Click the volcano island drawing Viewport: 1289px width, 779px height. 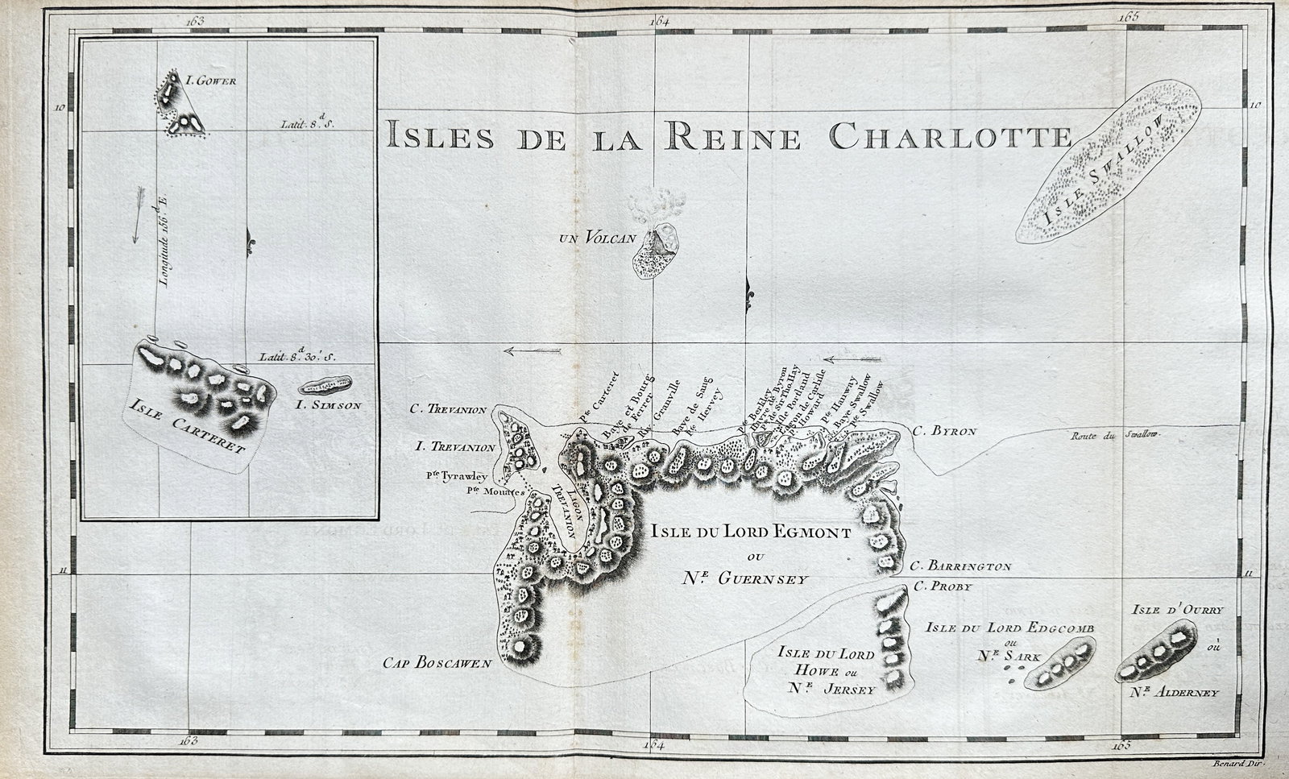[x=657, y=250]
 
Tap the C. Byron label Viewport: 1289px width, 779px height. [x=945, y=431]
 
